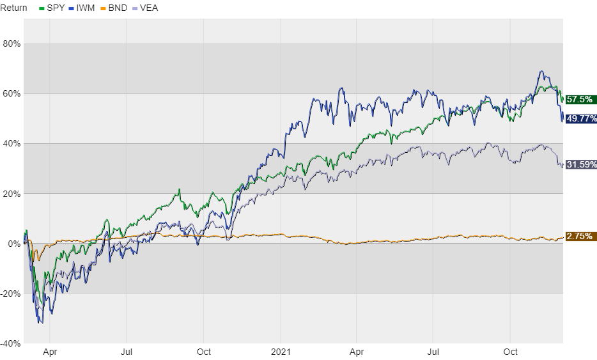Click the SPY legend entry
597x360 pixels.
(52, 8)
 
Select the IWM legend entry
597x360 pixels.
(84, 8)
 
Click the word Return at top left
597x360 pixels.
(14, 8)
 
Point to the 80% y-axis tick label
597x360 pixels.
(12, 44)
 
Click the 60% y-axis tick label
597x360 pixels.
(12, 94)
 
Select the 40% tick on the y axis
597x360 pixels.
(12, 144)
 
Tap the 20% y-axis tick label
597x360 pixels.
(12, 194)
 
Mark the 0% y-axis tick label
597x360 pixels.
(14, 244)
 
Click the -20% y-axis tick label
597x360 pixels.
(10, 293)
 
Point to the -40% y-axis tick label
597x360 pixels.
(10, 343)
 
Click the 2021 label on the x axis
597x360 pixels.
(281, 352)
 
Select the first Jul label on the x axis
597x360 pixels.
(127, 352)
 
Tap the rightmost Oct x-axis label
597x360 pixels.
(510, 352)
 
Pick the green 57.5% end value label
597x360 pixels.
(580, 99)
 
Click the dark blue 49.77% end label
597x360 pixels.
(580, 118)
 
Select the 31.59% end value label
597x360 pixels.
(580, 164)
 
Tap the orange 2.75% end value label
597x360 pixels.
(580, 237)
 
